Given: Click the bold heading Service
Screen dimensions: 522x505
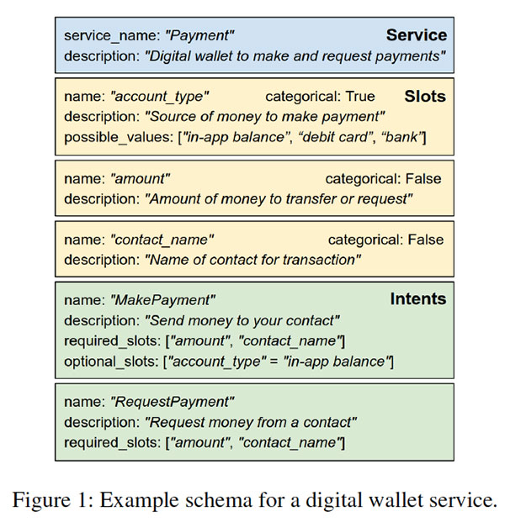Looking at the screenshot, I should point(416,35).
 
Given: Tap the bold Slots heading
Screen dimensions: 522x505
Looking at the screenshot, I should point(424,96).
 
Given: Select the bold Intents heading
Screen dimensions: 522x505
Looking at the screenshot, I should point(417,298).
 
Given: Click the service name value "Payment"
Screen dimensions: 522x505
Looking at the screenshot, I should point(200,35).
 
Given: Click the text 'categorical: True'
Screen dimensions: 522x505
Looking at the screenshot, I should point(320,97).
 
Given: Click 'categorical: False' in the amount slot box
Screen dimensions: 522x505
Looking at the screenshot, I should point(384,179).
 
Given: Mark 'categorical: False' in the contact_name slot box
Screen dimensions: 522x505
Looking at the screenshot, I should point(385,240).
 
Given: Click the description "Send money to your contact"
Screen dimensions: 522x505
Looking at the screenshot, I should point(242,320).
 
